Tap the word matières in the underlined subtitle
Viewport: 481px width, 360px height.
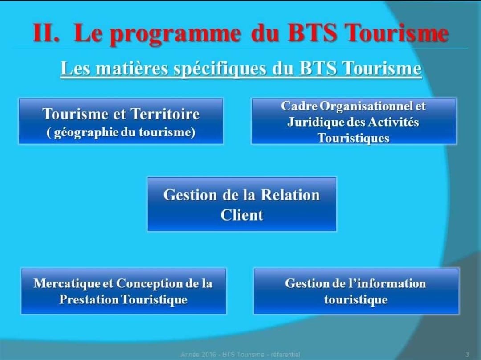[x=132, y=68]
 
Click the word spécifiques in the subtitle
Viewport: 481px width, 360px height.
[x=220, y=69]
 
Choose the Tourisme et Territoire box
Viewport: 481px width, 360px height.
[x=121, y=121]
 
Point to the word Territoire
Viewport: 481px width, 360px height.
[x=165, y=114]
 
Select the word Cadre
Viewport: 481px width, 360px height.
[x=299, y=106]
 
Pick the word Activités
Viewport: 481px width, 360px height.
[x=393, y=122]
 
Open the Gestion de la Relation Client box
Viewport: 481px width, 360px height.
[x=242, y=204]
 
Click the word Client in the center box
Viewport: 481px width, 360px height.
[x=242, y=215]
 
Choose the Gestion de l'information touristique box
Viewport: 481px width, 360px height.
[x=356, y=291]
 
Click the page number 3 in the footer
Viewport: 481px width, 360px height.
[x=467, y=354]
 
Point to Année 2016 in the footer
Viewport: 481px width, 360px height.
[x=199, y=355]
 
